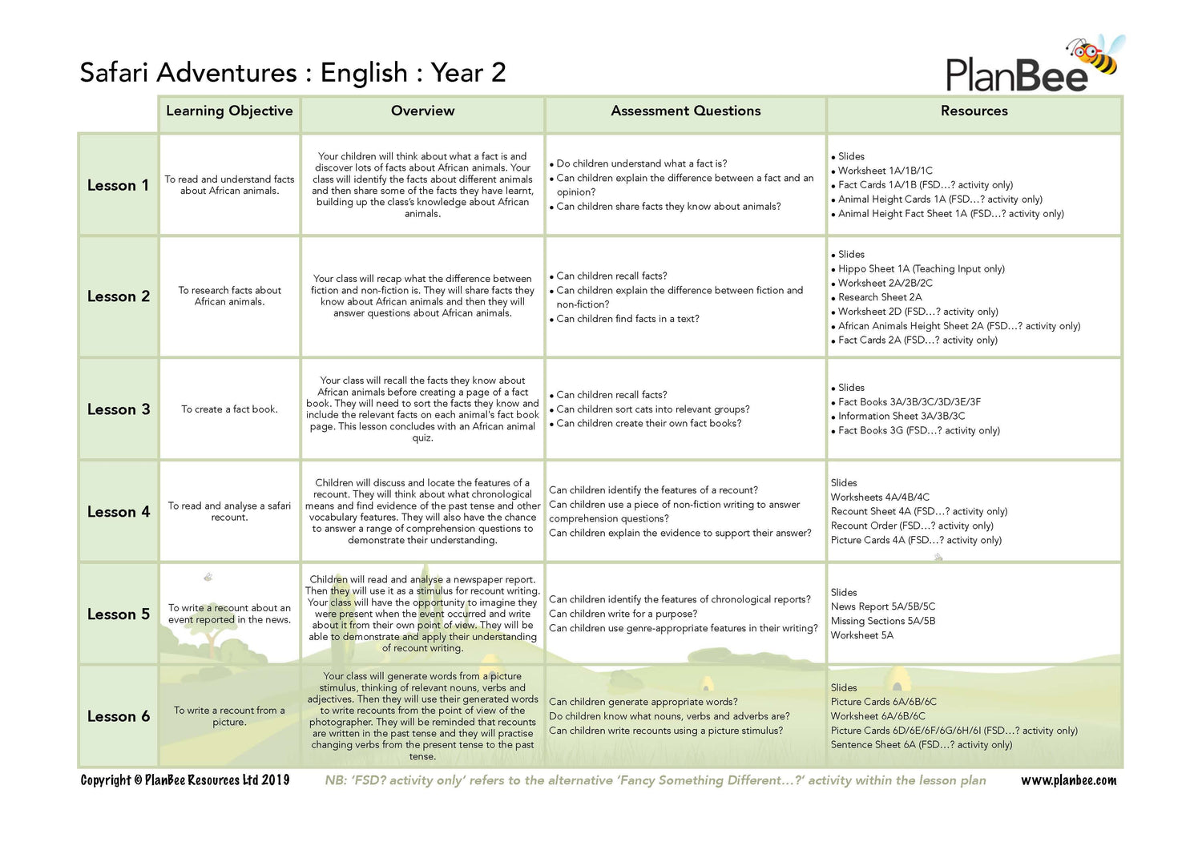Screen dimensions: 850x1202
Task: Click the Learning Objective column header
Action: click(229, 111)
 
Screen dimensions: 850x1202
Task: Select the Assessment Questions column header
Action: click(685, 111)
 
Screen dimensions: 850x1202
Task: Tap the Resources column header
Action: click(974, 111)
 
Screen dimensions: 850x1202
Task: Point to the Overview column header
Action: click(422, 111)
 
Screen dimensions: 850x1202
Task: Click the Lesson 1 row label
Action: click(118, 186)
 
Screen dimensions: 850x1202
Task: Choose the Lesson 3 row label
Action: click(118, 409)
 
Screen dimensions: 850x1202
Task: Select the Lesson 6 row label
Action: click(118, 717)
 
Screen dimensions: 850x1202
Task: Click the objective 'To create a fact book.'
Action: click(229, 409)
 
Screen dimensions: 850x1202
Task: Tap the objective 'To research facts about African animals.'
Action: click(229, 296)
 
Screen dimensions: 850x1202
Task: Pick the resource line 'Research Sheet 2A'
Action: click(880, 297)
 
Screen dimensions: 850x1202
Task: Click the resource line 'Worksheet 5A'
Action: click(861, 635)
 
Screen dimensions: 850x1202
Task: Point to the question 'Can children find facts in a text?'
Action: click(627, 319)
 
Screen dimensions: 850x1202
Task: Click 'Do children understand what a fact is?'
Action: click(642, 163)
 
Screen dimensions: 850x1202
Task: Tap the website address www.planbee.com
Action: click(1068, 780)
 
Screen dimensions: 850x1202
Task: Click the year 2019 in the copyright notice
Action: click(275, 780)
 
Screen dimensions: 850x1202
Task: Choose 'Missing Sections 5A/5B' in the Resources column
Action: click(882, 621)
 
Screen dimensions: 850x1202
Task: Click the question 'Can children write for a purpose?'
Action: click(623, 614)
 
